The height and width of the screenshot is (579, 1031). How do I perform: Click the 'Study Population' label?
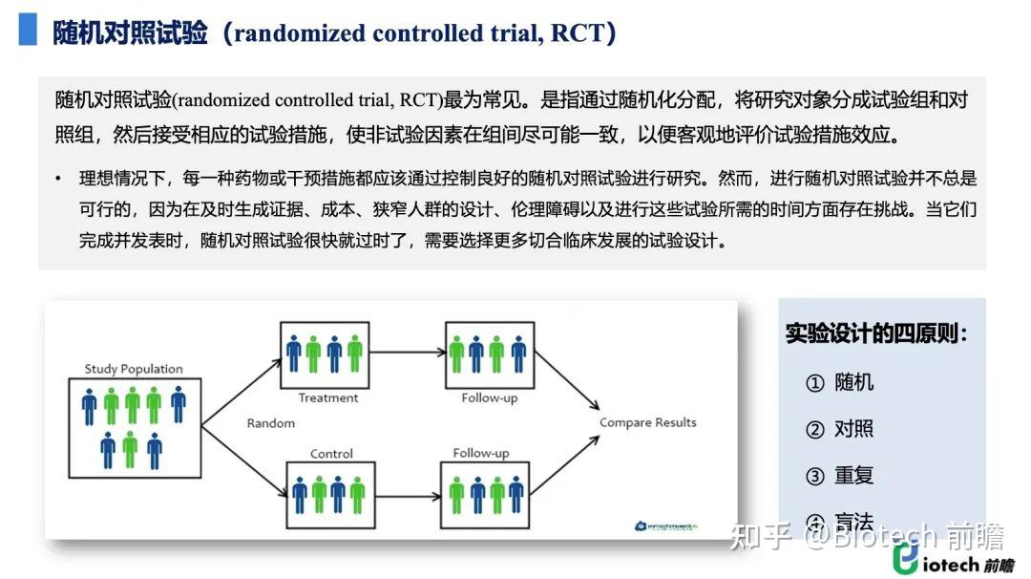(134, 369)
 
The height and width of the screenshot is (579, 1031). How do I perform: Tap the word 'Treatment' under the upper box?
(328, 397)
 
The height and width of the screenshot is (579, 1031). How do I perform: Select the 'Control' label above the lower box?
(331, 454)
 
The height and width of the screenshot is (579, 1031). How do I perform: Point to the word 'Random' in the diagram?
(271, 422)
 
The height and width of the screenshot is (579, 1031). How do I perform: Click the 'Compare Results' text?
(647, 422)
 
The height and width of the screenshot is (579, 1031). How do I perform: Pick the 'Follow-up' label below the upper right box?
(489, 397)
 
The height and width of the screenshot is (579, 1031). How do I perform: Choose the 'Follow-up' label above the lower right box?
(481, 453)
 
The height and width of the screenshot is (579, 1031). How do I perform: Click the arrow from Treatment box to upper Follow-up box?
(406, 353)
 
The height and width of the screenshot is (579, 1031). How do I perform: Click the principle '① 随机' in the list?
(840, 382)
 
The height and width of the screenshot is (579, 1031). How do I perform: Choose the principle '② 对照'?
(840, 429)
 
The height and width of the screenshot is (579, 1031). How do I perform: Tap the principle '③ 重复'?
(840, 475)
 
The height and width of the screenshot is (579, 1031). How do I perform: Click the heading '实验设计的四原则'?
(876, 334)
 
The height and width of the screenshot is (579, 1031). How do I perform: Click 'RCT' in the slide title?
(579, 33)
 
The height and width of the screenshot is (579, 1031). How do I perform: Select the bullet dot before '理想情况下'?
(58, 179)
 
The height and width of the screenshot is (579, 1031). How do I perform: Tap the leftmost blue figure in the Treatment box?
(294, 354)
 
